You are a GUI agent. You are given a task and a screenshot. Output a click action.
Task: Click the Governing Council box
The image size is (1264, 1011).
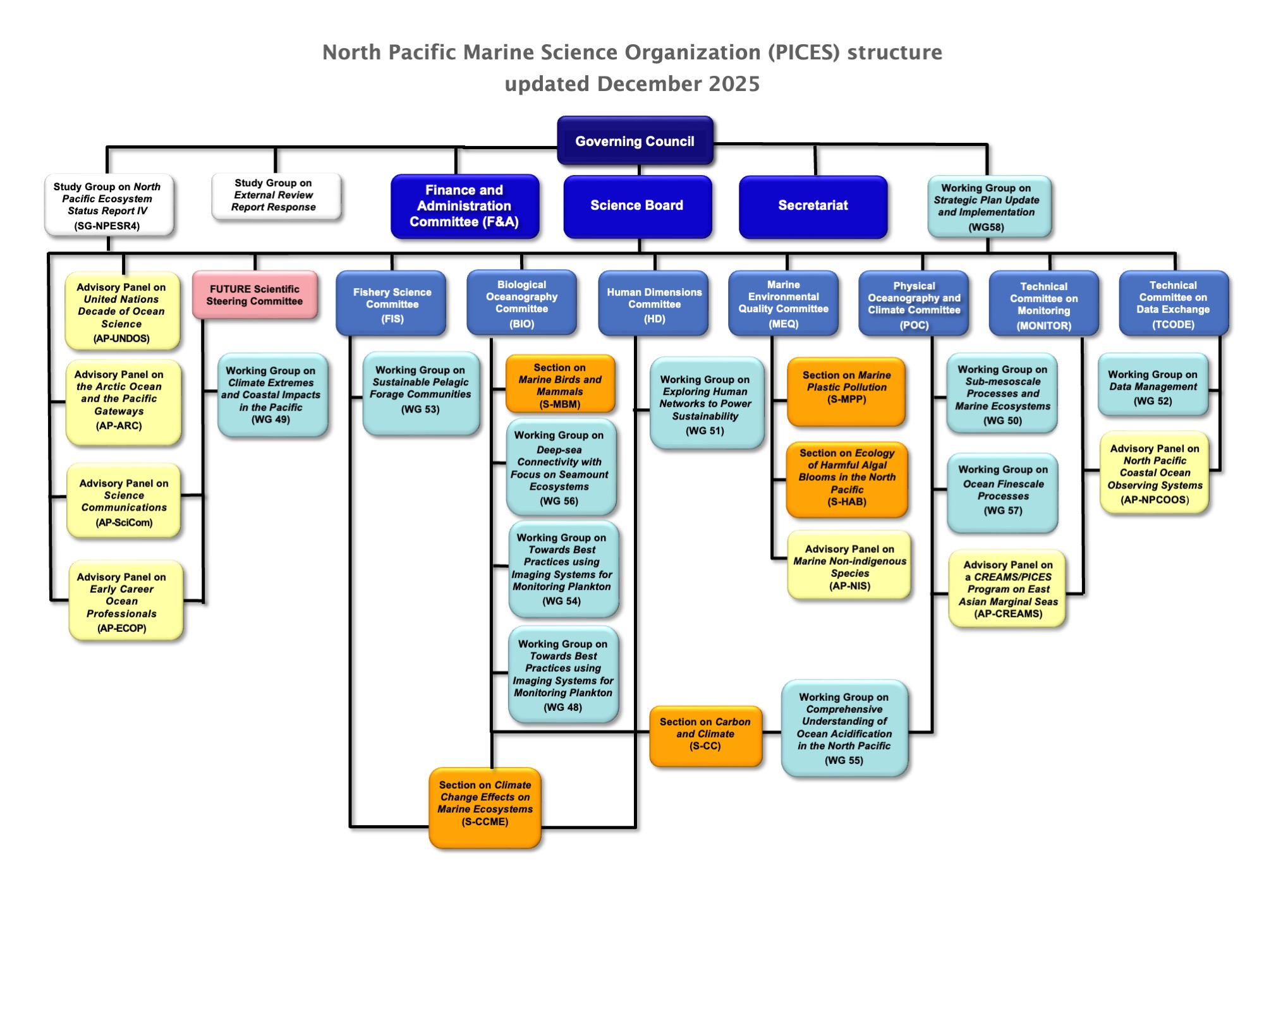635,141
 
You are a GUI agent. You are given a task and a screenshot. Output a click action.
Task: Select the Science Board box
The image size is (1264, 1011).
637,206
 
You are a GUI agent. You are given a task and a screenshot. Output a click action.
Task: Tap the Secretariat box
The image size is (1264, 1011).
813,206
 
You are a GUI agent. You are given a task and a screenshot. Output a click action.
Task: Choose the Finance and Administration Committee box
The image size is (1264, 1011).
465,206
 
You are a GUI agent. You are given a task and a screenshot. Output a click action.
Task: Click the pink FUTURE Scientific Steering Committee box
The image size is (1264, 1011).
255,295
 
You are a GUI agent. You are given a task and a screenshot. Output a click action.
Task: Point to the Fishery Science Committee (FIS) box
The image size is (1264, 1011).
392,304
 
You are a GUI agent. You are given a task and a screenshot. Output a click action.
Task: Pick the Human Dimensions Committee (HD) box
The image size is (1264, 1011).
654,304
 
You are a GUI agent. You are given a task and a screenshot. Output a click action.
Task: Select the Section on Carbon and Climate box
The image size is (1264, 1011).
705,735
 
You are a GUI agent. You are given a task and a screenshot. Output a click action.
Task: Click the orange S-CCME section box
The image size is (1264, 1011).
485,807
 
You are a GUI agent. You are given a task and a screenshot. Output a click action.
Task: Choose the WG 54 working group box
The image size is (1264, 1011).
562,569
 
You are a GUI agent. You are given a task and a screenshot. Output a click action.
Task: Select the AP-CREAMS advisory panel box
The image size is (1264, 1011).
1008,589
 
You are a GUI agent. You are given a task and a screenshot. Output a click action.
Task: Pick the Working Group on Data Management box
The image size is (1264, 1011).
1153,385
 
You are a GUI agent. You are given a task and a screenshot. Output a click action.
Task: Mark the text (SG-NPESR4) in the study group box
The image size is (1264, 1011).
107,226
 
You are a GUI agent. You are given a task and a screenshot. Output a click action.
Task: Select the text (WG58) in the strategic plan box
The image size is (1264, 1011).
987,227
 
